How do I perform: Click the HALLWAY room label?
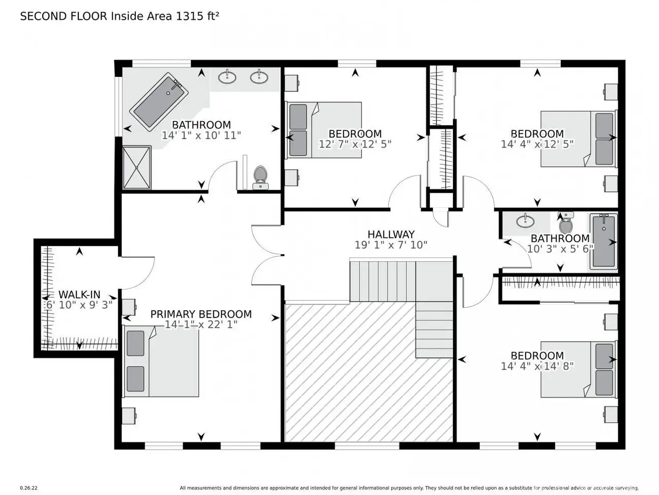pos(391,234)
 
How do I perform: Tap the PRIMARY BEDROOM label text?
pos(201,314)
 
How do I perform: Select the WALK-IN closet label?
pos(79,294)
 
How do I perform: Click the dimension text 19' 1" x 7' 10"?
pos(391,245)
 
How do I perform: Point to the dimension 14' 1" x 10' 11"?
pos(201,135)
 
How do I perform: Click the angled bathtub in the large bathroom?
pos(159,102)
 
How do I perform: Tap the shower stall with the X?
pos(136,168)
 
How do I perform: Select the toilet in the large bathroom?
pos(261,177)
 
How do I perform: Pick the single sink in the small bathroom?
pos(526,222)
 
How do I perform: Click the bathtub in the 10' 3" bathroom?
pos(604,242)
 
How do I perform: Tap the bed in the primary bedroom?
pos(161,361)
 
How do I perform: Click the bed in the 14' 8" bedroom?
pos(579,369)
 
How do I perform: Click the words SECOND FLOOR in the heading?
pos(64,16)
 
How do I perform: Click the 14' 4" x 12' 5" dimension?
pos(537,144)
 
